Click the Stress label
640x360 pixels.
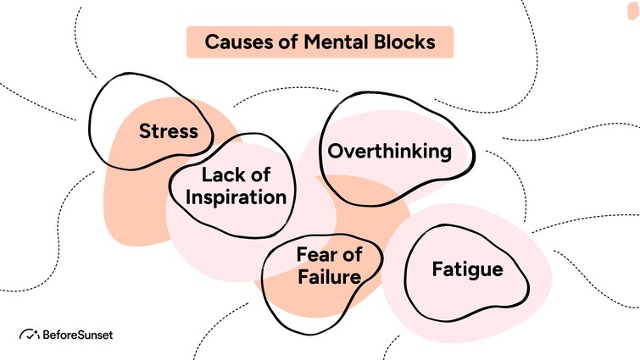click(x=169, y=132)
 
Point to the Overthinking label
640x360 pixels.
click(x=389, y=152)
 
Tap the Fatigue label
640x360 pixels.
click(x=467, y=270)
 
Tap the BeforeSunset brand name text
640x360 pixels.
click(x=76, y=335)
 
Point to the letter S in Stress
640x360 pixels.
click(x=145, y=132)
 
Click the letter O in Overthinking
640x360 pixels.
click(x=336, y=152)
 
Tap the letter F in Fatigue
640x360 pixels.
click(x=437, y=270)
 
